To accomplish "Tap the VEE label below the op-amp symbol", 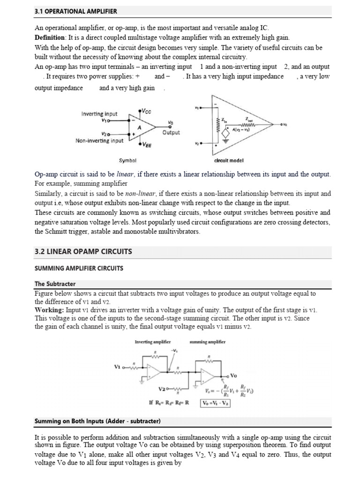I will click(147, 145).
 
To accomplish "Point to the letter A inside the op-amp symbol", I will click(139, 127).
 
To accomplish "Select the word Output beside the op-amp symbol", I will click(171, 133).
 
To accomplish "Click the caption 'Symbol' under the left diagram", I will click(128, 160).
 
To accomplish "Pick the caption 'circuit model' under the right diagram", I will click(229, 160).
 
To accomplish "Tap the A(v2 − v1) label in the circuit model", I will click(241, 129).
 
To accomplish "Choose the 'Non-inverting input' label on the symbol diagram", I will click(99, 140).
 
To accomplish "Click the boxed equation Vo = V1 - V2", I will click(215, 402).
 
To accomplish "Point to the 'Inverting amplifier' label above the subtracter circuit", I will click(152, 342).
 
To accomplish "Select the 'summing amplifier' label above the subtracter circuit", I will click(207, 342).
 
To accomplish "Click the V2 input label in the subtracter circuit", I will click(163, 389).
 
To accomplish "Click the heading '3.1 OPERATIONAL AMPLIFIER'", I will click(76, 10).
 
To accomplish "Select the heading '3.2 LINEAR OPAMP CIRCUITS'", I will click(83, 252).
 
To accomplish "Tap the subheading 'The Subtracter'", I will click(55, 284).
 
